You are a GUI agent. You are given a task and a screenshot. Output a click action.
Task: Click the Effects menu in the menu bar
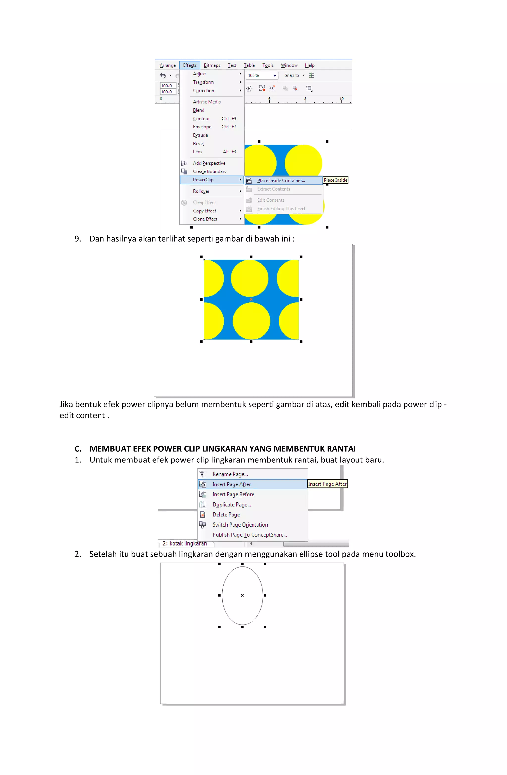(x=189, y=65)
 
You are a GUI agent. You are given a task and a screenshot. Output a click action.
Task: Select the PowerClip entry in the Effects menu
(x=203, y=180)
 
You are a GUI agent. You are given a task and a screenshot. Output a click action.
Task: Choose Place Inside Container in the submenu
(x=281, y=180)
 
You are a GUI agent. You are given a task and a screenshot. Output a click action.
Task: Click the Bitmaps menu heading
(x=212, y=65)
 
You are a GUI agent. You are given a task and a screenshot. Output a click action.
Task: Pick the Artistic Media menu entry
(x=206, y=102)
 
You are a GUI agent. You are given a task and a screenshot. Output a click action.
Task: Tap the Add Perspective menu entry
(x=209, y=163)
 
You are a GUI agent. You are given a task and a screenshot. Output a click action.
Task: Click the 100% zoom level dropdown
(x=262, y=75)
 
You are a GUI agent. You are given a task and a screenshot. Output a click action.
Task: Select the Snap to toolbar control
(x=294, y=75)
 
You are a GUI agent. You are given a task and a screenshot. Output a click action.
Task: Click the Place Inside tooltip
(x=335, y=180)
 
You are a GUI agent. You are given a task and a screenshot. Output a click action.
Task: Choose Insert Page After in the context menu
(x=231, y=484)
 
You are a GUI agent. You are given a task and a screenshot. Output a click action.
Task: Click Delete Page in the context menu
(x=226, y=514)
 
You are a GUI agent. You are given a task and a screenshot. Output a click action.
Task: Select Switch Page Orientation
(x=240, y=525)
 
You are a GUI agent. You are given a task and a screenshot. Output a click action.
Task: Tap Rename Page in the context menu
(x=230, y=474)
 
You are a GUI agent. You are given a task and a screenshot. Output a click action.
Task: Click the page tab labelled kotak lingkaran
(x=185, y=543)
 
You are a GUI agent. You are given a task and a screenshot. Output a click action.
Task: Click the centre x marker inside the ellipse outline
(x=242, y=595)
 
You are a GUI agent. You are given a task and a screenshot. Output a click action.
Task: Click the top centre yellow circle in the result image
(x=250, y=278)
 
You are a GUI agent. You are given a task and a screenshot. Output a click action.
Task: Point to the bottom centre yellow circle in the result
(x=251, y=321)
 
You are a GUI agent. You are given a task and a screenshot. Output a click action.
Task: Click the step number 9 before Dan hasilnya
(x=77, y=239)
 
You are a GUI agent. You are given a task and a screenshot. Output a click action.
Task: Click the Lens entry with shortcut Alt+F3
(x=198, y=152)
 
